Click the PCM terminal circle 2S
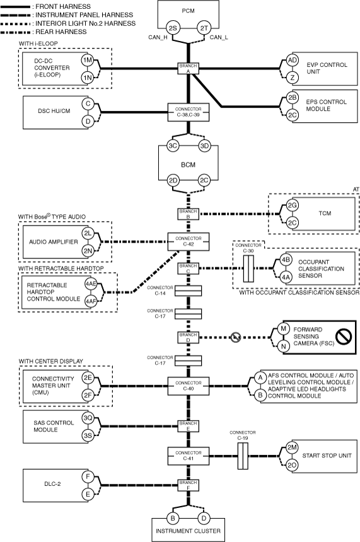173,28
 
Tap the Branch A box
189,69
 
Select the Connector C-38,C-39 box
189,112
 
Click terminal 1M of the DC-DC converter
88,60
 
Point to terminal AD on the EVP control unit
293,60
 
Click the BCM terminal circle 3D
204,146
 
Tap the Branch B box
189,214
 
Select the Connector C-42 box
189,241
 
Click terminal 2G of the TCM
293,205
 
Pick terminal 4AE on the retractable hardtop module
91,284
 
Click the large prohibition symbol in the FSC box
344,337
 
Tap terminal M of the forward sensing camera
284,328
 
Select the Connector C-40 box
189,386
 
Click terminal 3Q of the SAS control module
88,418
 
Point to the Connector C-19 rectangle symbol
243,456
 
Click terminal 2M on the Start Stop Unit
292,447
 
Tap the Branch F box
189,485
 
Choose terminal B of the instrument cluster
172,518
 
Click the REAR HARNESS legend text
61,32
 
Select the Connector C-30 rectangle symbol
248,269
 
